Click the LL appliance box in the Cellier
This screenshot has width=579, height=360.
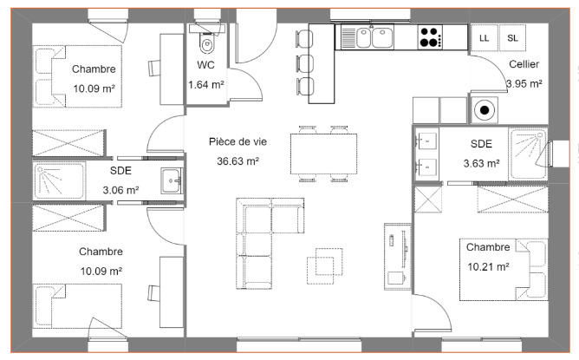click(x=483, y=37)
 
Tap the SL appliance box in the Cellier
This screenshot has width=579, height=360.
click(x=512, y=37)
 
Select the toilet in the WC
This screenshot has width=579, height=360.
click(x=206, y=43)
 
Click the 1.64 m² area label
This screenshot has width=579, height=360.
click(x=206, y=84)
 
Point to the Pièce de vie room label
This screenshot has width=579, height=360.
click(x=238, y=141)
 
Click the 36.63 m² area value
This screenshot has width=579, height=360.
click(x=238, y=160)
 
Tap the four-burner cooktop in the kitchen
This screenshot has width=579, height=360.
click(x=429, y=37)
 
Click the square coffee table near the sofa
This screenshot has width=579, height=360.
click(x=328, y=262)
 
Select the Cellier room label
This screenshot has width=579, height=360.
click(x=524, y=64)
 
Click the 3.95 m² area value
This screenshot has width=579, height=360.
click(x=524, y=84)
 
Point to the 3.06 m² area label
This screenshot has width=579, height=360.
click(x=120, y=189)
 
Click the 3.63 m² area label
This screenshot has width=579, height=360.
click(x=480, y=162)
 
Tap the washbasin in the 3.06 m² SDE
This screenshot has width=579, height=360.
click(x=169, y=180)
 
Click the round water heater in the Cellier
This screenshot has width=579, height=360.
click(x=483, y=110)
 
